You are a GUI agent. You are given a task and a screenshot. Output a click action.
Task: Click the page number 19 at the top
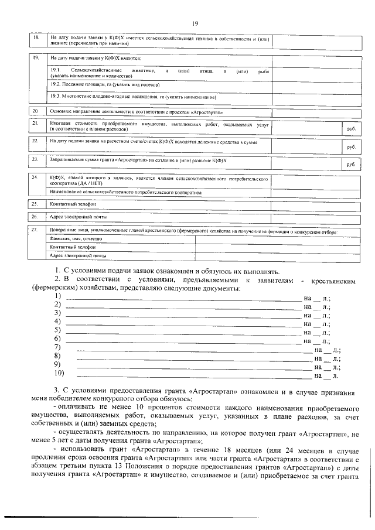tap(195, 23)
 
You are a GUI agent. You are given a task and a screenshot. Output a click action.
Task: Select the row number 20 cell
tap(35, 110)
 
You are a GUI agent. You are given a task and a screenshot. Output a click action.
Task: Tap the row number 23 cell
tap(35, 159)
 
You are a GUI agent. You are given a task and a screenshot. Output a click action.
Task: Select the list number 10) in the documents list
tap(59, 372)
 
